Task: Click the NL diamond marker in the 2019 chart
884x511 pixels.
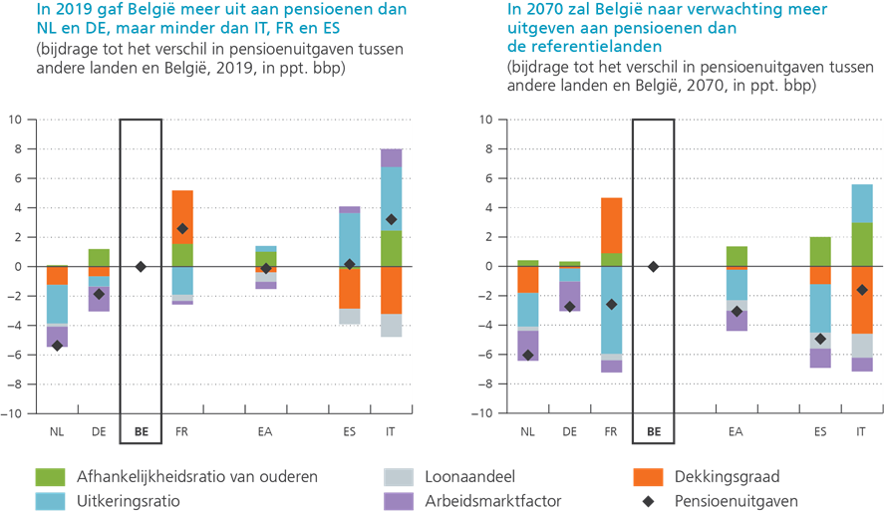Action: (x=57, y=346)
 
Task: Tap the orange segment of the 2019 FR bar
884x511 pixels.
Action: (x=181, y=211)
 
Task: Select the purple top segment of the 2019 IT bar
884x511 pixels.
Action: (x=392, y=157)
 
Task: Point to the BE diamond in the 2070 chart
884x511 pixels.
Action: (x=654, y=266)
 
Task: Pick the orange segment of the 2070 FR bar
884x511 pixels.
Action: (x=612, y=224)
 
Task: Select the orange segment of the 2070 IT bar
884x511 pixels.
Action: (x=862, y=299)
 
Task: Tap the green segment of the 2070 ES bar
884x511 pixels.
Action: (x=820, y=251)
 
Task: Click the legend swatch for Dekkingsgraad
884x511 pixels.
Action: (x=648, y=477)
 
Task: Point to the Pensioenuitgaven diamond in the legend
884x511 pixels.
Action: (x=648, y=502)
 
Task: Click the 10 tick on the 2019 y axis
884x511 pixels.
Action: (x=15, y=120)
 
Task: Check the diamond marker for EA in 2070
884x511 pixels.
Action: (x=737, y=311)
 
